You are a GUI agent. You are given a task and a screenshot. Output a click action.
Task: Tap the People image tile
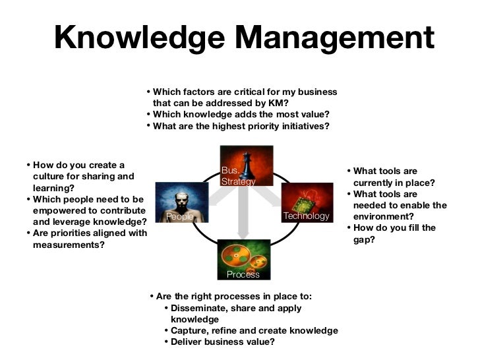click(x=179, y=202)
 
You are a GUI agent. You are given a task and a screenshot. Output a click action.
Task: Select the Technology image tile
click(x=306, y=202)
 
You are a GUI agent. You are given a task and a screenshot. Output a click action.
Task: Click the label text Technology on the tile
click(x=305, y=216)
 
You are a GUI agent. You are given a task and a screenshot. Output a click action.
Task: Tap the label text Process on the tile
click(x=243, y=274)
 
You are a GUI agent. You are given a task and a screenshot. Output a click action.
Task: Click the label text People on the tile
click(x=179, y=216)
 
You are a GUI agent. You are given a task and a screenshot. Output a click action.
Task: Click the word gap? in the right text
click(x=364, y=240)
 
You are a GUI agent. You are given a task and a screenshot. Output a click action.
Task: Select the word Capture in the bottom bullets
click(x=189, y=330)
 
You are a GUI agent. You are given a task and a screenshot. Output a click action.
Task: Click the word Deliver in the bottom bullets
click(x=187, y=342)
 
